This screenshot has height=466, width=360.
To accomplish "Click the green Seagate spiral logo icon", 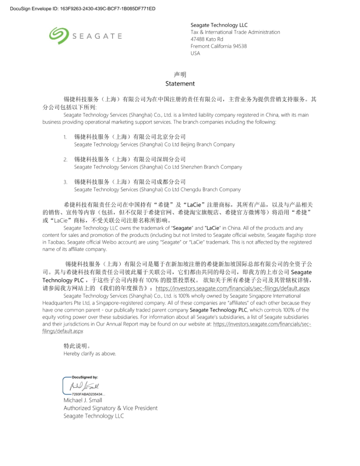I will point(58,36).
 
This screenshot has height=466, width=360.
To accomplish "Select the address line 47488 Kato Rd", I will point(207,39).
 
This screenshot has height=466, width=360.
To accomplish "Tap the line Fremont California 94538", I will point(219,46).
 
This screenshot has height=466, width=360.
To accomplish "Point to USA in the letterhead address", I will point(195,53).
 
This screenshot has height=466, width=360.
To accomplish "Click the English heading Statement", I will point(180,84).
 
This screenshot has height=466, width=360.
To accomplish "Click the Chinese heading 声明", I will point(180,74).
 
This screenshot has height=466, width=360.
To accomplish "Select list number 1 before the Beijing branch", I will point(65,137).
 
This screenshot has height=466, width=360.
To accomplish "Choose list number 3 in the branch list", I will point(65,182).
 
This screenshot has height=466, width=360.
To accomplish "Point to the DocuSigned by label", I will point(85,377).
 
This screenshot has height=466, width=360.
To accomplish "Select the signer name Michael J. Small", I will point(83,400).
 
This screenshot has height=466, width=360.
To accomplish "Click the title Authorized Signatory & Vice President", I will point(111,408).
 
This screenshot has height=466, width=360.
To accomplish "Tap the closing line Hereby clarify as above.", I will point(90,353).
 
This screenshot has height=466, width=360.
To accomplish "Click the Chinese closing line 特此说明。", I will point(73,346).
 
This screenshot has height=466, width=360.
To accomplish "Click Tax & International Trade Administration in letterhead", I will point(235,32).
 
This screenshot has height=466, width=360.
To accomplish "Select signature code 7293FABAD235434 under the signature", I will point(87,394).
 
